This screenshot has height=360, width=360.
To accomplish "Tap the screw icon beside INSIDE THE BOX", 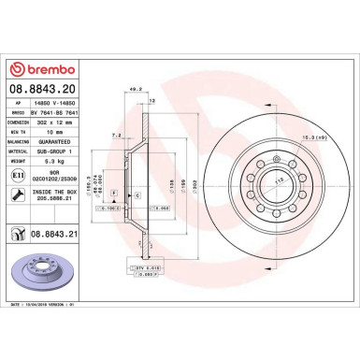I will pos(16,194).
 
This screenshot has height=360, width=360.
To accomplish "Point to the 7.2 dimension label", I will pos(117,135).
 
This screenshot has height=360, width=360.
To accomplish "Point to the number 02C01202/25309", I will pos(57,179).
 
